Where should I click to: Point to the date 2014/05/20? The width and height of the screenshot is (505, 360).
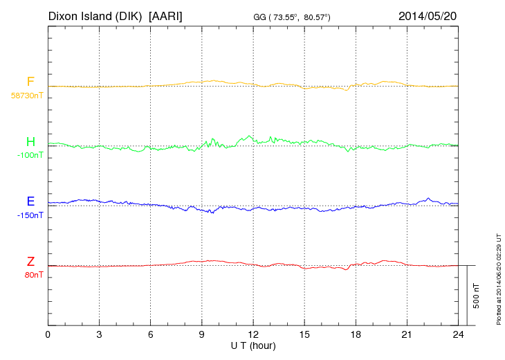pyautogui.click(x=428, y=15)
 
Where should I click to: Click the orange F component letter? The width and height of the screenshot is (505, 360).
pyautogui.click(x=30, y=82)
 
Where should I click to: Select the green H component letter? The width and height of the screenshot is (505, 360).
pyautogui.click(x=30, y=142)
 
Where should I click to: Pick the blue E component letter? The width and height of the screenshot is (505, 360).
pyautogui.click(x=30, y=202)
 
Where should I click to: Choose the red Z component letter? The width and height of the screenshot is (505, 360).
pyautogui.click(x=30, y=262)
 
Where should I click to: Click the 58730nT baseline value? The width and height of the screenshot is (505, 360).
pyautogui.click(x=26, y=96)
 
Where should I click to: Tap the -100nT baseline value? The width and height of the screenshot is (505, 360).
pyautogui.click(x=30, y=155)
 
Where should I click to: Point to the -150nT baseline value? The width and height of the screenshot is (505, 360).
pyautogui.click(x=30, y=215)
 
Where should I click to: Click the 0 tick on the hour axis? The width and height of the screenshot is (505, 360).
pyautogui.click(x=48, y=334)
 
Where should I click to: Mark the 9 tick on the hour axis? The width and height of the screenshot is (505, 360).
pyautogui.click(x=201, y=334)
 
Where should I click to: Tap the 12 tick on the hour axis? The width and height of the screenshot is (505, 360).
pyautogui.click(x=252, y=334)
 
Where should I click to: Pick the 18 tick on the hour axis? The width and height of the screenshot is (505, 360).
pyautogui.click(x=355, y=334)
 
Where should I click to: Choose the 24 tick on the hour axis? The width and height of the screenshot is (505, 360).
pyautogui.click(x=457, y=334)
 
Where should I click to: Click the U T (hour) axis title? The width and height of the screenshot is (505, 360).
pyautogui.click(x=252, y=345)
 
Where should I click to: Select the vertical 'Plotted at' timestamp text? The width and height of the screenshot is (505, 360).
pyautogui.click(x=498, y=280)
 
